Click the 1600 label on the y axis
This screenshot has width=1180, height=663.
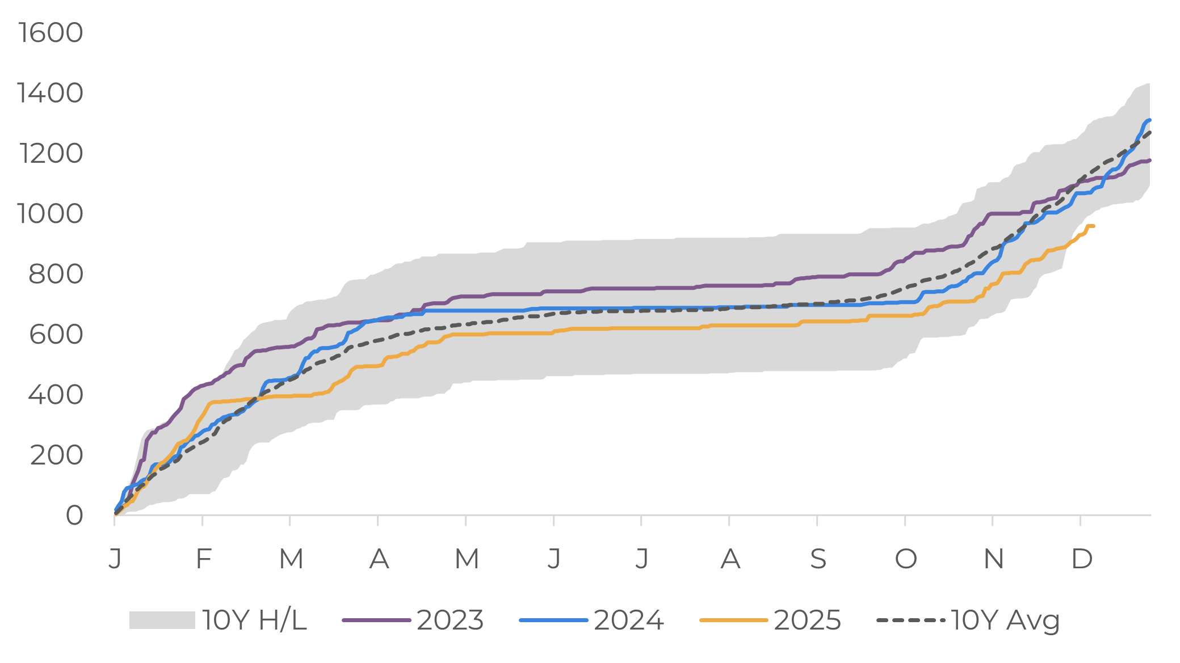tap(51, 33)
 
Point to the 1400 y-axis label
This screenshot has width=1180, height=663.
tap(51, 93)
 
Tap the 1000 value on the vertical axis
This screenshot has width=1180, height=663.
tap(51, 214)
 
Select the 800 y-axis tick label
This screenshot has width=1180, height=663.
tap(56, 275)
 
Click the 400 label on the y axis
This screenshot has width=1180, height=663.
tap(56, 395)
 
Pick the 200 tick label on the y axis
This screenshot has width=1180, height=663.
tap(57, 455)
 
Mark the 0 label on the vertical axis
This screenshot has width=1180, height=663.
tap(74, 516)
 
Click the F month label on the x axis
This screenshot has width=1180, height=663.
tap(203, 559)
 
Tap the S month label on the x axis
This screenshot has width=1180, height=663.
tap(818, 559)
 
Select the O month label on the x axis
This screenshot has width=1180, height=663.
tap(906, 559)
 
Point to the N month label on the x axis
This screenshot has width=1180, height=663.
tap(994, 559)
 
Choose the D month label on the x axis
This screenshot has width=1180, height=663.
tap(1082, 559)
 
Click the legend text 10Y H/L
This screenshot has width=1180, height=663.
tap(254, 620)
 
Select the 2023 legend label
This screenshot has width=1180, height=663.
tap(450, 620)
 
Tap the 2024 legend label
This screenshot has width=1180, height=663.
tap(629, 620)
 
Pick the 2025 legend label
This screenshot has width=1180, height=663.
tap(807, 620)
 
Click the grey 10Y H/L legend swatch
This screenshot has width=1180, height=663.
tap(162, 620)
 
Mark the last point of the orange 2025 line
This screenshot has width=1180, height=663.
tap(1093, 226)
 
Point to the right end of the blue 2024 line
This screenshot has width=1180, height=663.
tap(1149, 120)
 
